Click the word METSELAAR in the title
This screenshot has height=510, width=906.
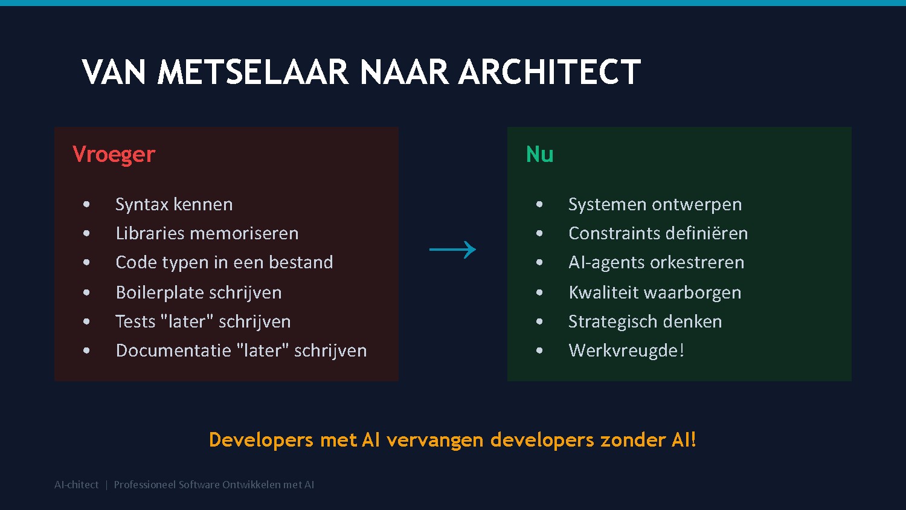252,73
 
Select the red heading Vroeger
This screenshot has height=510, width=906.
114,155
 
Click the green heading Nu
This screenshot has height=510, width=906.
539,155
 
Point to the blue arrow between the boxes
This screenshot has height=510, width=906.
452,250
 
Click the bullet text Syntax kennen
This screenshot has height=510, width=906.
174,204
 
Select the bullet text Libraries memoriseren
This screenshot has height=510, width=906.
207,233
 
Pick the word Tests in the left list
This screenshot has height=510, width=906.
135,321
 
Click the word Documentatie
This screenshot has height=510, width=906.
173,350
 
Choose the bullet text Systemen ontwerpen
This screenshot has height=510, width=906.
655,204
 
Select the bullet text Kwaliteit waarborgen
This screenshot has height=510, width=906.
655,292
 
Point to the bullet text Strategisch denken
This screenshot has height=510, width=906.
645,321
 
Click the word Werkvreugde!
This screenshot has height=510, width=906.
626,350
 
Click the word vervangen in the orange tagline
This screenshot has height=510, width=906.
435,440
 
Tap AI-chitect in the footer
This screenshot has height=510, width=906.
76,485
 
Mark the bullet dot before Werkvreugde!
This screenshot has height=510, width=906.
539,350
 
